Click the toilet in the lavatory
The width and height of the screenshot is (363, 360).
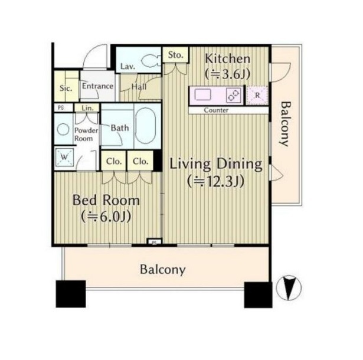[x=150, y=61]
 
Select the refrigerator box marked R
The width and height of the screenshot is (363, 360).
[x=257, y=95]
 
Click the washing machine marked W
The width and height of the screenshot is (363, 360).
[x=64, y=157]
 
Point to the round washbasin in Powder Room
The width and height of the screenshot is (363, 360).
[x=63, y=129]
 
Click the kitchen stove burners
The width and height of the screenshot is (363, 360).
[x=233, y=96]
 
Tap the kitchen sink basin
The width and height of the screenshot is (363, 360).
[x=202, y=95]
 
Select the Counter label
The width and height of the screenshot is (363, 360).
[x=216, y=110]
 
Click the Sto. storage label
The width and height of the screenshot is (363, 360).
[x=176, y=55]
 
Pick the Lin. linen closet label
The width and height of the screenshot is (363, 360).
[x=87, y=108]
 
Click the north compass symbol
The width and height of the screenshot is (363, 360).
[x=289, y=287]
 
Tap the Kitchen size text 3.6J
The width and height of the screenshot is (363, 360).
[x=228, y=74]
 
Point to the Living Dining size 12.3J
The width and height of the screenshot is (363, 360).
[x=216, y=181]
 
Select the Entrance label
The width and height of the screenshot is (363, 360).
[x=97, y=86]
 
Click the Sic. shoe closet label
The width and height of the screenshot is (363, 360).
[x=66, y=88]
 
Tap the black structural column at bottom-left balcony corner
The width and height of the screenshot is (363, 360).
[x=71, y=294]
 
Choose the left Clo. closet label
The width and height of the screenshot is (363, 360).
[x=114, y=161]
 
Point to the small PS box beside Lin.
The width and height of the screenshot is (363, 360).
[x=61, y=108]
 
